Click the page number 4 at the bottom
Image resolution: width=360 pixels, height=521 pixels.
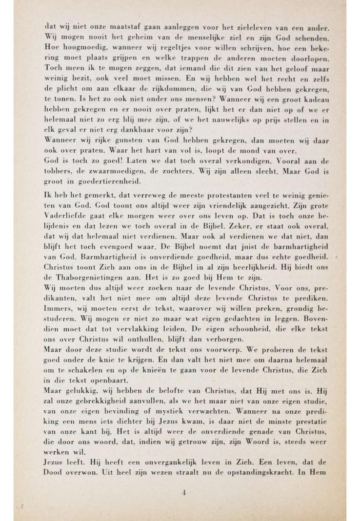point(184,492)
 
